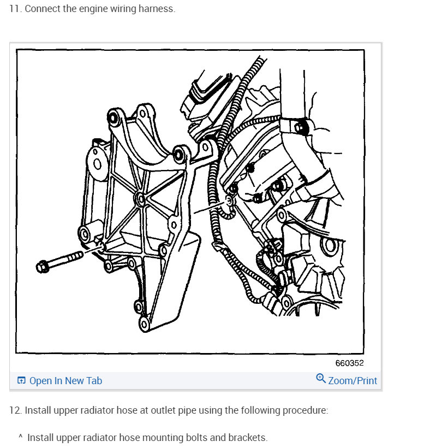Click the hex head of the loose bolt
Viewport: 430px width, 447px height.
pos(43,267)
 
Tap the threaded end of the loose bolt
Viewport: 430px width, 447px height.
pos(75,256)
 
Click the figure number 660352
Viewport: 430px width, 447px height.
pos(349,363)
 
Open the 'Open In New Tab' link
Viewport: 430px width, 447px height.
pos(66,380)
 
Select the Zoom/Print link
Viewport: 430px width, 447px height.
pos(353,380)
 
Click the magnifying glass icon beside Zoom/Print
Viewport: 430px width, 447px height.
pos(321,378)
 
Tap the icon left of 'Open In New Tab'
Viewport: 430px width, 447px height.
pos(21,380)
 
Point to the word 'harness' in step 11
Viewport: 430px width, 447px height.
pos(156,9)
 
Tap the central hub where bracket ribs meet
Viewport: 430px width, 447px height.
pos(140,199)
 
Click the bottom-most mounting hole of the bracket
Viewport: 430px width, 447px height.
pos(144,324)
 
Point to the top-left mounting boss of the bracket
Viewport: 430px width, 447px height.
pos(113,117)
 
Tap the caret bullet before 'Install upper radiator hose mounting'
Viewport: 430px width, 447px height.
pos(21,436)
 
